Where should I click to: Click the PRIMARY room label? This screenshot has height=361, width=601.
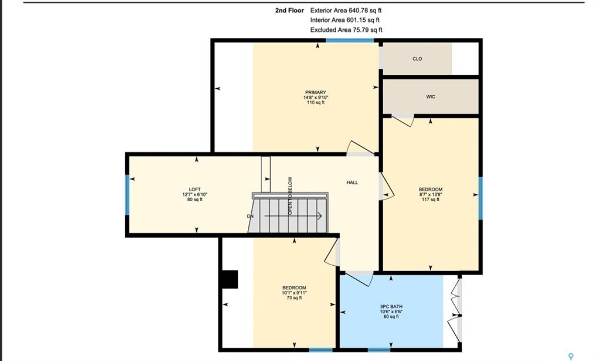pos(316,92)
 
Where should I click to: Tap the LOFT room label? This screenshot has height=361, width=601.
pos(195,190)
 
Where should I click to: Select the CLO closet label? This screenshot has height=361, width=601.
pos(417,59)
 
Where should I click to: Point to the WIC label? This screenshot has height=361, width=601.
pos(430,97)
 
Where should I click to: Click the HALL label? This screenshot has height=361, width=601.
pos(352,183)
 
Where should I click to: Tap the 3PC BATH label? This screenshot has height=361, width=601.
pos(391,306)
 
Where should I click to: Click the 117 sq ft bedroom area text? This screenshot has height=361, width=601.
pos(430,200)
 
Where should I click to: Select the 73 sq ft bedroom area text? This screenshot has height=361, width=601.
pos(294,298)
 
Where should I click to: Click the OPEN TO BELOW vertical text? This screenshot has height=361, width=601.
pos(290,196)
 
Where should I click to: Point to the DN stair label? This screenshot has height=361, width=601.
pos(250,216)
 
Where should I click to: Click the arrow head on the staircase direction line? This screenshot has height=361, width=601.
pos(320,216)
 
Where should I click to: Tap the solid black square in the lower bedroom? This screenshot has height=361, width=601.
pos(230,279)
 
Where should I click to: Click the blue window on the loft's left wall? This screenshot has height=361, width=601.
pos(127,195)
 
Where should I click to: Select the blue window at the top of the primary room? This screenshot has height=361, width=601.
pos(350,41)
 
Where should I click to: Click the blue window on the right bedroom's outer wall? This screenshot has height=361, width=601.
pos(480,198)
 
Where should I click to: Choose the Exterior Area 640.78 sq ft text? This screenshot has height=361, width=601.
pos(346,11)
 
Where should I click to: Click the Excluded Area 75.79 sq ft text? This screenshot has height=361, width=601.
pos(346,30)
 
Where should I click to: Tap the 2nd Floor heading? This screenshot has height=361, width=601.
pos(289,11)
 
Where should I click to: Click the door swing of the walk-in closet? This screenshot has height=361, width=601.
pos(403,121)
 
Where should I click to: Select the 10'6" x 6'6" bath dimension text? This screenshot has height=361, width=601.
pos(391,311)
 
